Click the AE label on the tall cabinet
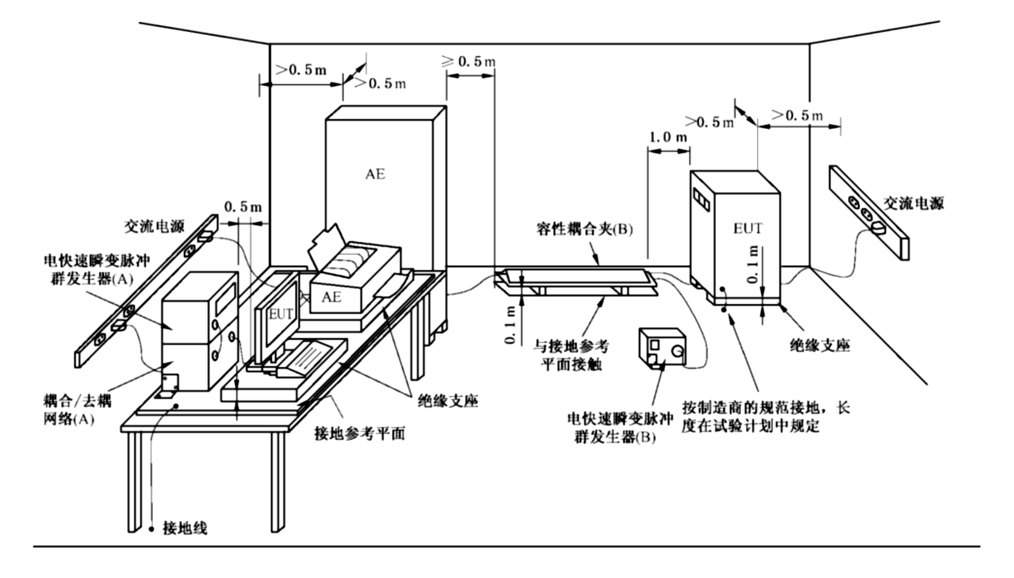point(375,174)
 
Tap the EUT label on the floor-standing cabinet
point(747,229)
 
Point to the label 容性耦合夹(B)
point(584,229)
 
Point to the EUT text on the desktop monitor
point(281,314)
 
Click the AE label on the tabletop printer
point(331,297)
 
